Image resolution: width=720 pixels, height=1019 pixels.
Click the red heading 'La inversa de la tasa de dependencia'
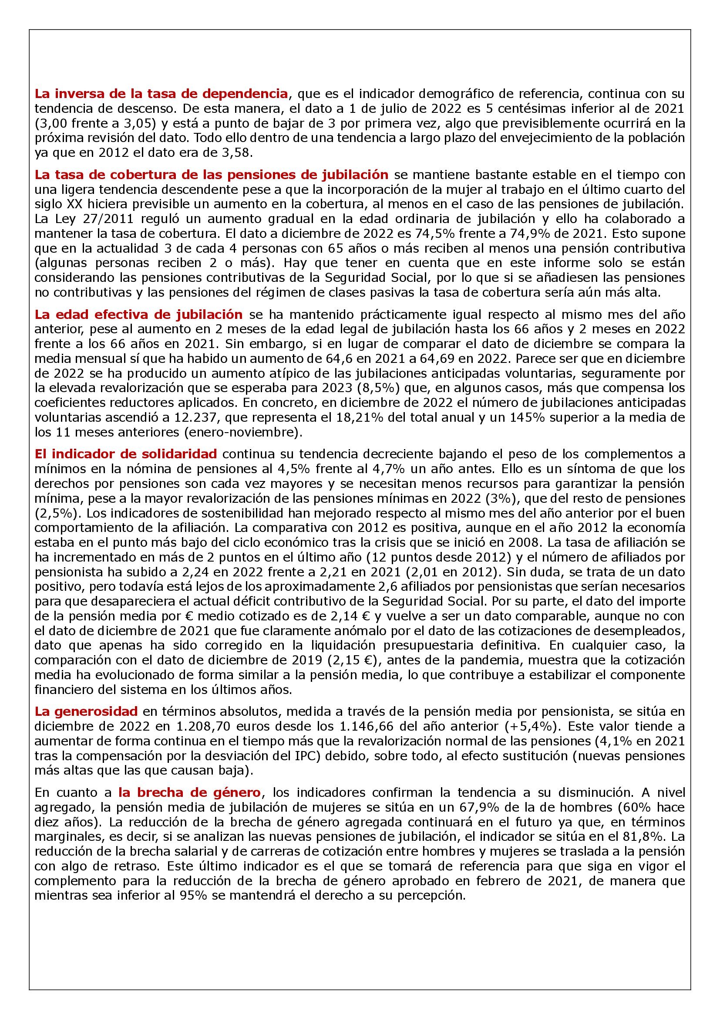(161, 94)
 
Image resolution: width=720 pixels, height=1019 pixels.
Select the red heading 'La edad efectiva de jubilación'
(138, 315)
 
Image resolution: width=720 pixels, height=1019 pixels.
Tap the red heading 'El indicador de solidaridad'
(125, 454)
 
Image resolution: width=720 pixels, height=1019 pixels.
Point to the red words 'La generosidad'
(86, 711)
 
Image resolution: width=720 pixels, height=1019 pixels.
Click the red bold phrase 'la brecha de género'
(189, 792)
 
